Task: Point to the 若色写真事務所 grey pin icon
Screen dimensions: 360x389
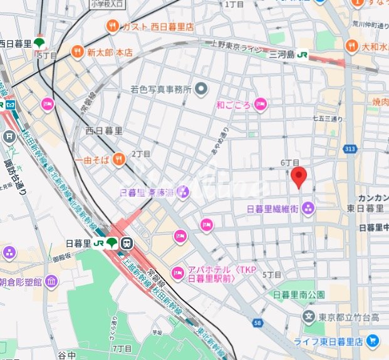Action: pos(201,89)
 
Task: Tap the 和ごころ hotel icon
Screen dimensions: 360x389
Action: pos(261,105)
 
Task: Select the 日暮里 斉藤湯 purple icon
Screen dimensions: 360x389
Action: pos(182,192)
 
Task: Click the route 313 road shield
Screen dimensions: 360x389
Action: pos(350,148)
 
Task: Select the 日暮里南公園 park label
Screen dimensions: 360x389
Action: pos(299,294)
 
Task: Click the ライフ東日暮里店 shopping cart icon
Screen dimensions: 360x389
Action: pos(373,341)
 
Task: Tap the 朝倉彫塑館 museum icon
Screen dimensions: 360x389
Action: pos(52,282)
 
